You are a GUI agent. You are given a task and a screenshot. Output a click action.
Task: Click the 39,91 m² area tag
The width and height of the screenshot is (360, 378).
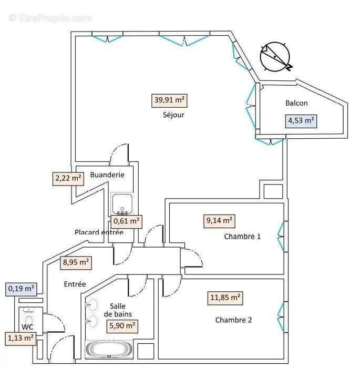click(169, 100)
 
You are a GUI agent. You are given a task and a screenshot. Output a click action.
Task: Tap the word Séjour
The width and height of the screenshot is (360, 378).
click(173, 115)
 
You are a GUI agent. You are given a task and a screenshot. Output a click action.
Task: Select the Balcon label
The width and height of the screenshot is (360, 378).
click(296, 103)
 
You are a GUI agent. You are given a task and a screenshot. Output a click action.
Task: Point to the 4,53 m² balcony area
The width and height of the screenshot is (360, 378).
click(301, 121)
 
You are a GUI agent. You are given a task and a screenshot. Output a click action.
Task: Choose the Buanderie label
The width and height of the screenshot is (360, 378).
click(107, 175)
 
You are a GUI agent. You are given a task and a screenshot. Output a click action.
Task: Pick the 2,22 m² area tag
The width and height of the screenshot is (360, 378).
click(68, 179)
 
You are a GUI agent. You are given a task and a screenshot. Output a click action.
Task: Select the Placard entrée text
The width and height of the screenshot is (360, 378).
click(99, 232)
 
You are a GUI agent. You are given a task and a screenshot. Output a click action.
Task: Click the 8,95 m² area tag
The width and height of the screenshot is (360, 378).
click(76, 262)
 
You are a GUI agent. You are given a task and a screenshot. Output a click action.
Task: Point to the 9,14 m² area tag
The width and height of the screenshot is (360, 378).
click(219, 221)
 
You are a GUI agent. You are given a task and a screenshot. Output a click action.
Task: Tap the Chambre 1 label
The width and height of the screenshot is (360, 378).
click(242, 236)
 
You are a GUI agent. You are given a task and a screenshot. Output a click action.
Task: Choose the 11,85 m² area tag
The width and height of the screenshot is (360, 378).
click(225, 298)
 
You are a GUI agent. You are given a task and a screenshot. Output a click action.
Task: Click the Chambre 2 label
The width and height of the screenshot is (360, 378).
click(233, 320)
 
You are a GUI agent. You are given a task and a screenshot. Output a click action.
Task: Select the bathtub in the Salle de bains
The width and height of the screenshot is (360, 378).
click(110, 349)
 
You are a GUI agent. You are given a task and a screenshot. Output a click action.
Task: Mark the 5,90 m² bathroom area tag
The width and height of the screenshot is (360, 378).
click(122, 326)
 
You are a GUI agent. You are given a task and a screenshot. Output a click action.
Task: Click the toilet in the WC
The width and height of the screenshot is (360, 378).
click(28, 320)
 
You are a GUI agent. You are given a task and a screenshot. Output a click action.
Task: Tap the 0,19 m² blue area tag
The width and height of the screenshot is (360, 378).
click(21, 288)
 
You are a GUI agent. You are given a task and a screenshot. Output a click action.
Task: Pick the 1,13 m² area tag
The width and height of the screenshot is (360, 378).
click(21, 338)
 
